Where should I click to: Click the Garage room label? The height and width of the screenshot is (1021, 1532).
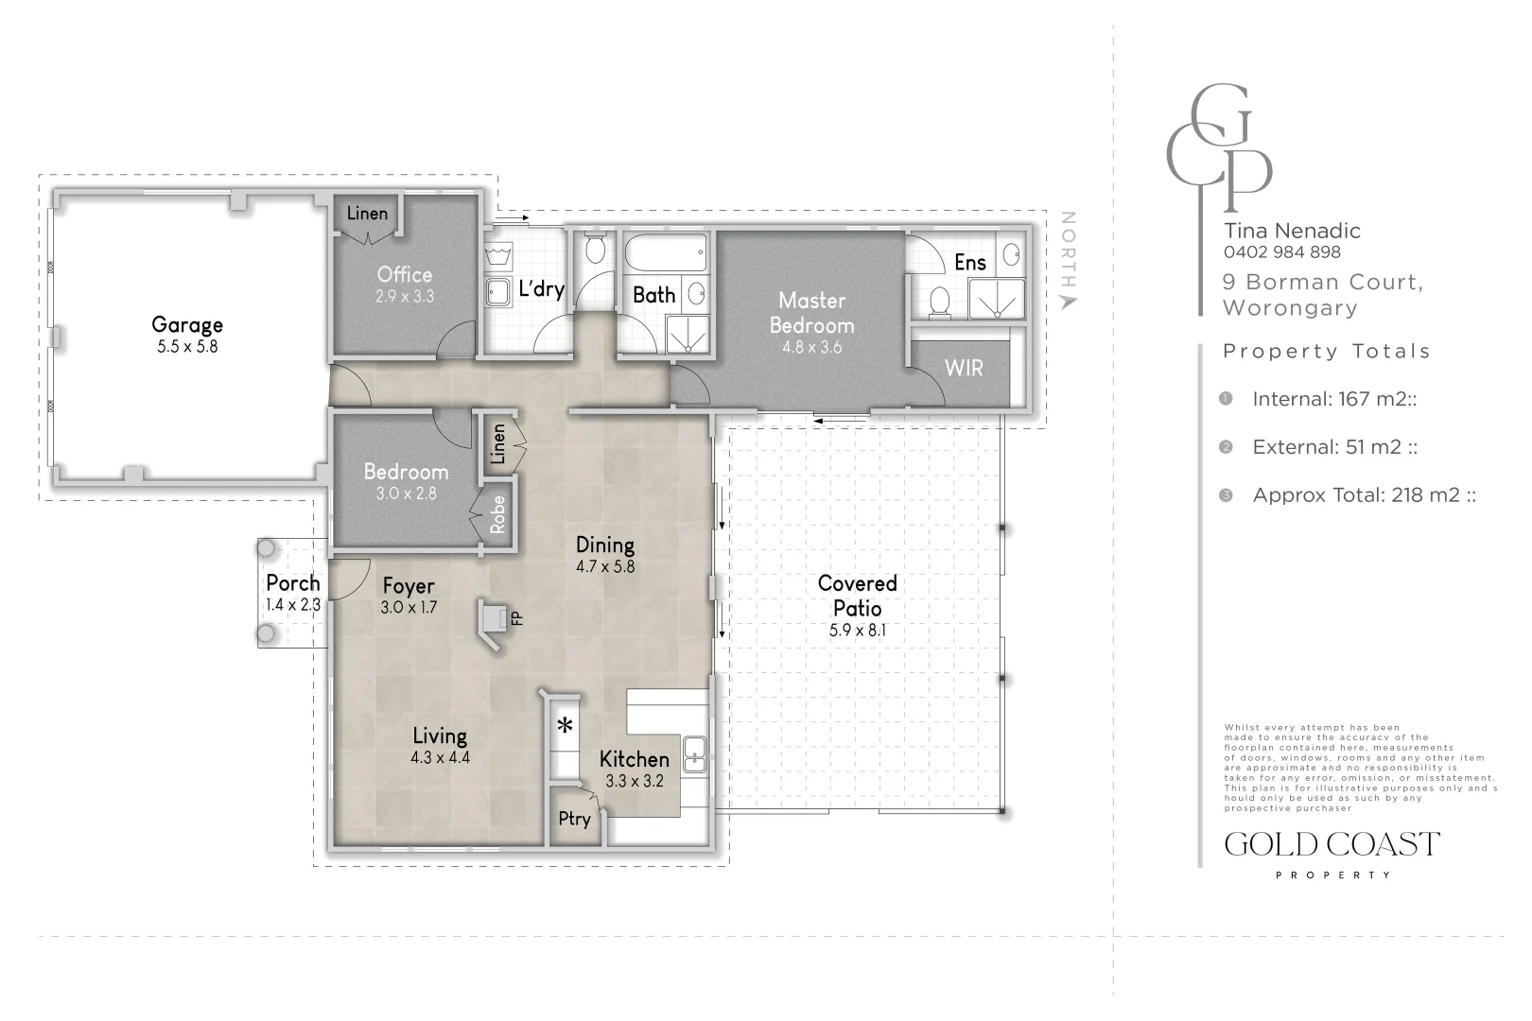tap(187, 325)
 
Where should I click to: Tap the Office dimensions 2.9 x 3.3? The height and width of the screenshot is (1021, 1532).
tap(404, 297)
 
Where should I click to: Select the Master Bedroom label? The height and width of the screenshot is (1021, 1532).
tap(811, 313)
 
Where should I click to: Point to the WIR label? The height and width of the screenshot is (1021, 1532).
tap(964, 368)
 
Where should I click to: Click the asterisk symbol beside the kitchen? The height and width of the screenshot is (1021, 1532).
tap(565, 726)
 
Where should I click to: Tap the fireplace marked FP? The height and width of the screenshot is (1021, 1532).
tap(496, 620)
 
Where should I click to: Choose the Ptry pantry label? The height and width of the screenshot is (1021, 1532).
tap(574, 819)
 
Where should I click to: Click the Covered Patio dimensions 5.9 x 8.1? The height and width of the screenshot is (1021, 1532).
tap(857, 631)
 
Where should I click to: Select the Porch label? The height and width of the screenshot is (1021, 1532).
tap(293, 583)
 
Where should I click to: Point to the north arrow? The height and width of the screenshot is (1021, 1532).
tap(1068, 302)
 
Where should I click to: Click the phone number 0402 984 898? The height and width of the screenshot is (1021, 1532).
tap(1281, 252)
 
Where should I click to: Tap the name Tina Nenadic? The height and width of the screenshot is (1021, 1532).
tap(1292, 231)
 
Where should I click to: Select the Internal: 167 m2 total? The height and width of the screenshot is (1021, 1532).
tap(1333, 399)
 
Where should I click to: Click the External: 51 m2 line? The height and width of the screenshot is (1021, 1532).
tap(1334, 446)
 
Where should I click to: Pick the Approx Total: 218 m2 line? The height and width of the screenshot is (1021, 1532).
tap(1364, 494)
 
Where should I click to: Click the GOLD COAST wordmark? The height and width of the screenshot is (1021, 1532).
tap(1332, 844)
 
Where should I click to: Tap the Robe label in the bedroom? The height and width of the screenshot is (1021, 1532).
tap(497, 514)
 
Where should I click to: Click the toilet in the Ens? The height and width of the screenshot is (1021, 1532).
tap(940, 302)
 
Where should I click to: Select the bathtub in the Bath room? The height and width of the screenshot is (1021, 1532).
tap(666, 253)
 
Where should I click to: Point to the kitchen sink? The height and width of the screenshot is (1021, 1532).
tap(695, 754)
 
